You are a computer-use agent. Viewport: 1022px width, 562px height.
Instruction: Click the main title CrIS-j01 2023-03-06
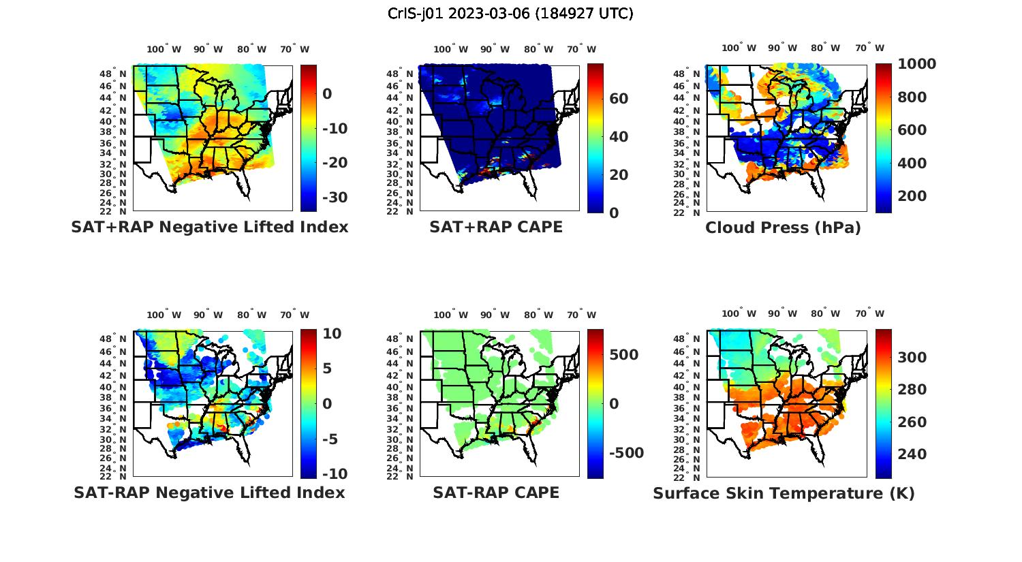point(510,14)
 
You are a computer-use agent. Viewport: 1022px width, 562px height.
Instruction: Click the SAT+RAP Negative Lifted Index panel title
point(209,227)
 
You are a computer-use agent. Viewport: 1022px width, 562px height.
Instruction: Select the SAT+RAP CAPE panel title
point(496,227)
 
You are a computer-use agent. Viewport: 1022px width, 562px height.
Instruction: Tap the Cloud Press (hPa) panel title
point(783,228)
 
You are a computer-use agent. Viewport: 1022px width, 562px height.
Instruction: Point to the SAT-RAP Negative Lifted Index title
point(209,493)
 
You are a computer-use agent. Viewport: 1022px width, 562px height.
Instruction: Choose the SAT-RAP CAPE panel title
point(496,493)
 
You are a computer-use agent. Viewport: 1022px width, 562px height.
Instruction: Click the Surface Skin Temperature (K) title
point(784,493)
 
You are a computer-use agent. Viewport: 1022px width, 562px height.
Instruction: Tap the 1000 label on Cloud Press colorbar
point(916,64)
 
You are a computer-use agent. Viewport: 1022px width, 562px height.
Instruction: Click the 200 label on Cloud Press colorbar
point(912,196)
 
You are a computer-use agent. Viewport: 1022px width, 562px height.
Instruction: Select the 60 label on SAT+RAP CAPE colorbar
point(619,99)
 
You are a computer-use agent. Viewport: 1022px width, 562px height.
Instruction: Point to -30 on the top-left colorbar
point(334,198)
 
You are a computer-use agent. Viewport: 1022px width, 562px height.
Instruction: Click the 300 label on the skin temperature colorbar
point(912,358)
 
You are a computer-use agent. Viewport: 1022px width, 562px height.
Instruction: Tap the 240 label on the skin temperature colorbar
point(912,454)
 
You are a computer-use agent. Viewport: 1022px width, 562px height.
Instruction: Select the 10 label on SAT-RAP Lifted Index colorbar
point(332,333)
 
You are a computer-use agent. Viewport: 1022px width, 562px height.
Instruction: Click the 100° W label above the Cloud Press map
point(739,48)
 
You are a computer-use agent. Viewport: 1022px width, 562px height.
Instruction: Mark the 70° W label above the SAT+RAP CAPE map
point(581,49)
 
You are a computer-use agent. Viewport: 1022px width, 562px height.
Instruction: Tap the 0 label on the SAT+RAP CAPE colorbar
point(614,213)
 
